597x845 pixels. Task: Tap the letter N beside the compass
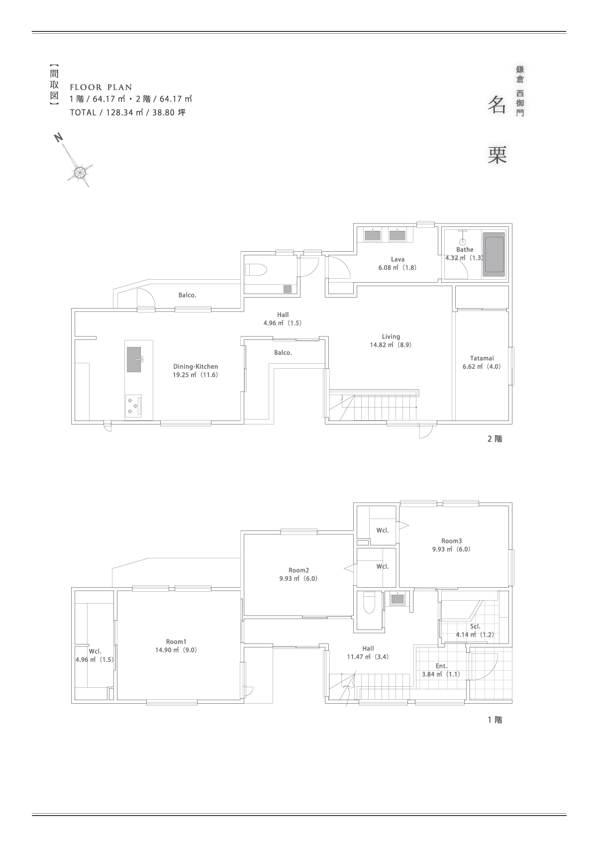58,138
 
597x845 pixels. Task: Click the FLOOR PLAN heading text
101,88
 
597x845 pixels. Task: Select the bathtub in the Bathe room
494,255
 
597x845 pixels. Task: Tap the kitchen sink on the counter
134,359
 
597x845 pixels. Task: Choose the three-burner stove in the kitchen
133,406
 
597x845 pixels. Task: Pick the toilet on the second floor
256,270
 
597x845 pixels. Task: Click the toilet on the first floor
368,605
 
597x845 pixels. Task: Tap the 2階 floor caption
495,439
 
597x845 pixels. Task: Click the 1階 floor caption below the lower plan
495,720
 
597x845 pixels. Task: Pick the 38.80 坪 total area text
169,112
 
